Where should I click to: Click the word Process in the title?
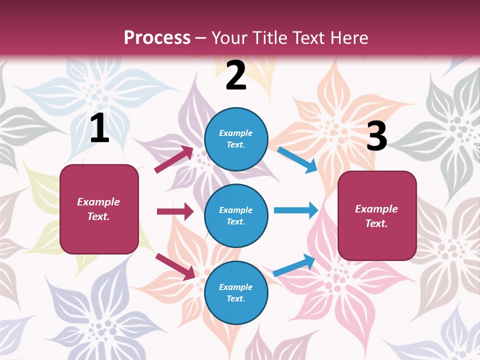[157, 37]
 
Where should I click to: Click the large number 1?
[99, 128]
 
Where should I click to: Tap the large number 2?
[236, 75]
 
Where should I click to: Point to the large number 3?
[377, 136]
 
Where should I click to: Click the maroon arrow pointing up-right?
[174, 159]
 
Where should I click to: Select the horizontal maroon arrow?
[175, 211]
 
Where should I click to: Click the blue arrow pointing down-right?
[297, 160]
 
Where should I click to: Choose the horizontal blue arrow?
[296, 210]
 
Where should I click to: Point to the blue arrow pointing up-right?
[294, 265]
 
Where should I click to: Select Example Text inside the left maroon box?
[98, 209]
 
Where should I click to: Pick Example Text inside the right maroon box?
[376, 216]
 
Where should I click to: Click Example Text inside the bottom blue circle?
[235, 292]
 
